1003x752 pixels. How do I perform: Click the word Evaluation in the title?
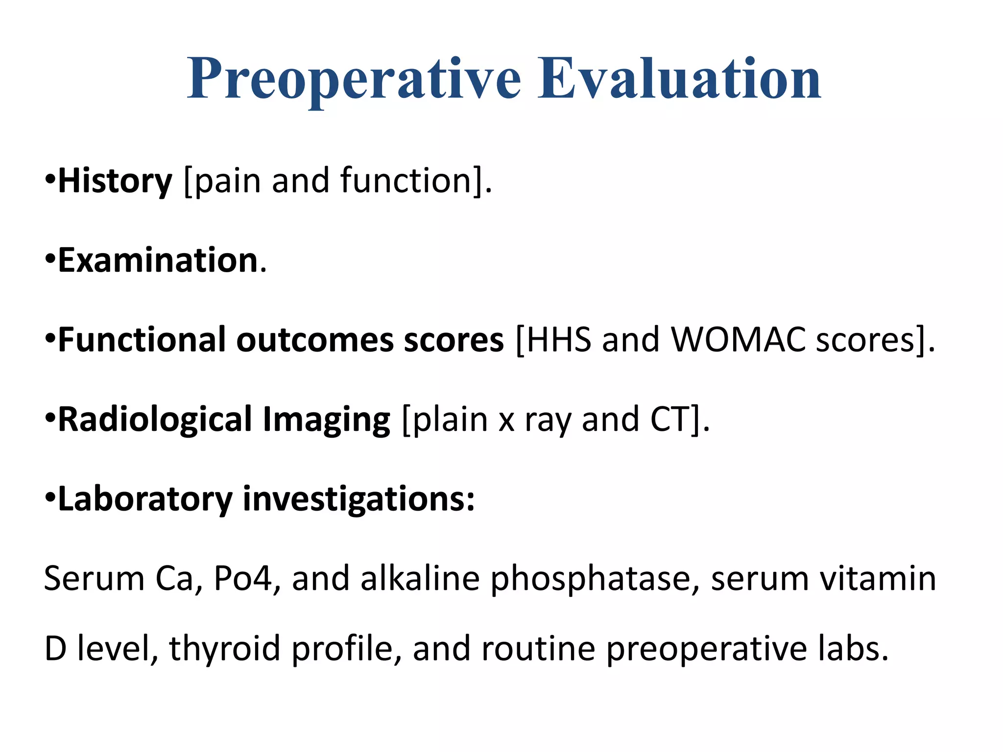point(679,79)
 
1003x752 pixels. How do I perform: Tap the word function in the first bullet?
point(406,181)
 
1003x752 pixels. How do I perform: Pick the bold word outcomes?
point(315,340)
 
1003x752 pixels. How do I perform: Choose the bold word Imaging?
point(326,420)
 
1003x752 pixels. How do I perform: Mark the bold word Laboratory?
point(145,499)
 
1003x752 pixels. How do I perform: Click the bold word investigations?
point(358,499)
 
